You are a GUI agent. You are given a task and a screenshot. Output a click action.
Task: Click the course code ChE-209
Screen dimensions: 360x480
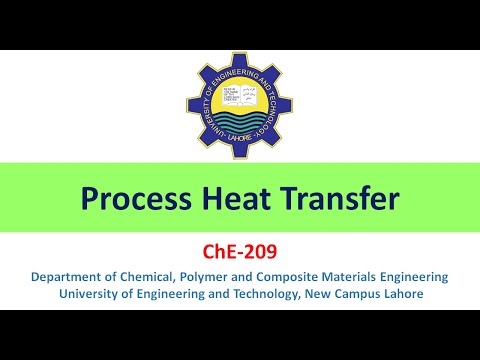240,254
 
